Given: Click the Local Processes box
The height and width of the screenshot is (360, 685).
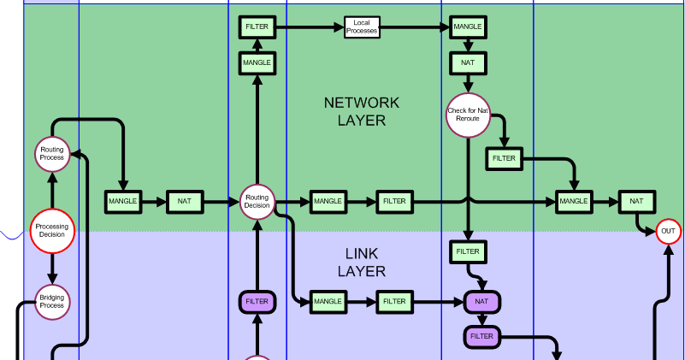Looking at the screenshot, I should point(362,27).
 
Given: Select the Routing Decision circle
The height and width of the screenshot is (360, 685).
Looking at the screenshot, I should point(257,202).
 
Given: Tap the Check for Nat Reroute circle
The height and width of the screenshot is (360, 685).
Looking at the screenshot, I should point(468,115).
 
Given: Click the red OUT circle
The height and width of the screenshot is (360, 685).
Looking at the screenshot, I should point(668,232).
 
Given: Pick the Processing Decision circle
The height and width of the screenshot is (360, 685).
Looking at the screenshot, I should point(52,231).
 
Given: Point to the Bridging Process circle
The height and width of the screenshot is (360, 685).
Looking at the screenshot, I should point(52,301).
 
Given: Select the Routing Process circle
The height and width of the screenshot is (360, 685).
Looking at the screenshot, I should point(52,154).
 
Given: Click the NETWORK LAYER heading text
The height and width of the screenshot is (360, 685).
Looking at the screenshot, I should point(361,111).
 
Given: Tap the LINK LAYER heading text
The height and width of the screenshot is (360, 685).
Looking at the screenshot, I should point(361,263).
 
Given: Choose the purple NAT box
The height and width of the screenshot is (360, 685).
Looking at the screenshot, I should point(481,302).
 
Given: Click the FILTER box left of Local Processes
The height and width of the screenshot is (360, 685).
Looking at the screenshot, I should point(257,27).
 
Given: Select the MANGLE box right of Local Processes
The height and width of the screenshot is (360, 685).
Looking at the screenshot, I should point(467,27).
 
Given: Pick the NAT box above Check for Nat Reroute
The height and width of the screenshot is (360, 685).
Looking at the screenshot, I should point(468,63).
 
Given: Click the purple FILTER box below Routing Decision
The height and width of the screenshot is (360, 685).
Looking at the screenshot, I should point(257,302).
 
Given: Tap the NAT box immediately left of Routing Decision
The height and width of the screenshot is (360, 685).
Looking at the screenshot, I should point(185,202).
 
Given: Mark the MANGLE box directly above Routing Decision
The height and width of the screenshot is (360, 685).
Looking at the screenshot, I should point(257,63).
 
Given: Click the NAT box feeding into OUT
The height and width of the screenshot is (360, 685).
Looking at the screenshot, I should point(636,202).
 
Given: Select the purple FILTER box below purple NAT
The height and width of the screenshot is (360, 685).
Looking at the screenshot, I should point(482,337).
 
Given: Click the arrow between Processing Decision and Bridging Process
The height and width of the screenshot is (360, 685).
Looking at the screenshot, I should point(52,269).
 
